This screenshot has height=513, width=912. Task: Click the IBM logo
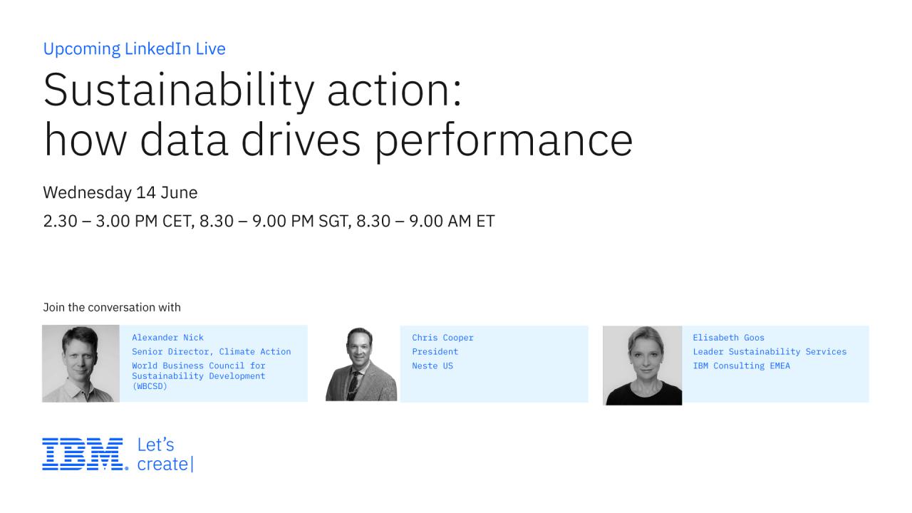tap(85, 454)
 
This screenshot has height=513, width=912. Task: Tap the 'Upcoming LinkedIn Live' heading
tap(135, 49)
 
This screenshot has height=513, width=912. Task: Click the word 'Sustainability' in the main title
tap(179, 90)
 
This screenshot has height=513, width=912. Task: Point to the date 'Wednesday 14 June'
tap(120, 192)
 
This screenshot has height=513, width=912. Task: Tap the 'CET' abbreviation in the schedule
tap(178, 222)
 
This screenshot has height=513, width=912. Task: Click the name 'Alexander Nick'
tap(167, 338)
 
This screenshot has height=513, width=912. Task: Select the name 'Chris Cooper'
tap(442, 338)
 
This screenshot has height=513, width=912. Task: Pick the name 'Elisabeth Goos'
tap(728, 338)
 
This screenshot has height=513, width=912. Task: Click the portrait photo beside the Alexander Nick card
tap(81, 363)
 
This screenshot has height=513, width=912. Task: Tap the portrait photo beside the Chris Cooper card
tap(361, 364)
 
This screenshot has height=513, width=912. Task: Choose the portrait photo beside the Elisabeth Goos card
tap(643, 366)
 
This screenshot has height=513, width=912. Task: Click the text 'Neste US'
tap(432, 366)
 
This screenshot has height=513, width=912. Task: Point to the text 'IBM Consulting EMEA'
tap(742, 366)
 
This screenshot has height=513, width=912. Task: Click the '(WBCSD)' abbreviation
tap(150, 386)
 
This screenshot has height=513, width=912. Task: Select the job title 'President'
tap(435, 351)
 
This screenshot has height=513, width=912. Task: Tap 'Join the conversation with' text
tap(112, 307)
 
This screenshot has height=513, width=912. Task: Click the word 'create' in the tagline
tap(162, 464)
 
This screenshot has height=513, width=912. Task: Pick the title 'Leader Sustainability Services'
tap(769, 351)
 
